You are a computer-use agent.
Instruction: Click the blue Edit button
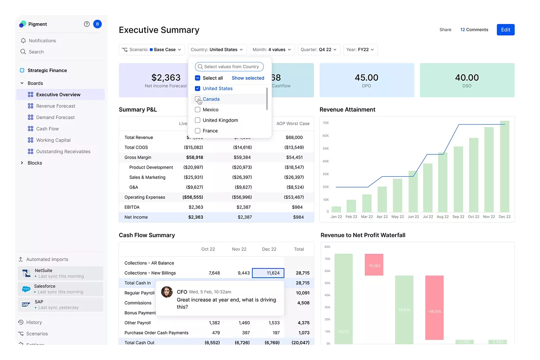tap(505, 30)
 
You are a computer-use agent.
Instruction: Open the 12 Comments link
tap(474, 30)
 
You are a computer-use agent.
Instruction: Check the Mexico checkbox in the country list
tap(198, 110)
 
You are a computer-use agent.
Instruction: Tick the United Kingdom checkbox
tap(198, 120)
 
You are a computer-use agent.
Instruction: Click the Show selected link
tap(248, 78)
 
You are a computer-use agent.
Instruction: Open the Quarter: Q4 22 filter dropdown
tap(319, 50)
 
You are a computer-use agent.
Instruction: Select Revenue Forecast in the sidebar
tap(56, 106)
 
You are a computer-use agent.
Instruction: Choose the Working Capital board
tap(53, 140)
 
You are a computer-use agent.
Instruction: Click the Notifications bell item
tap(42, 41)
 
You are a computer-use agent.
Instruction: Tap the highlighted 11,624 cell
tap(268, 273)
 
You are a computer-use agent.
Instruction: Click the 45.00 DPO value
tap(366, 78)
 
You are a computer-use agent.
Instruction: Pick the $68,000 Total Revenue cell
tap(294, 138)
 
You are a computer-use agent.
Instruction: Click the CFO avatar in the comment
tap(167, 292)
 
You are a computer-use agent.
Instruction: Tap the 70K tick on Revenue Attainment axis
tap(326, 123)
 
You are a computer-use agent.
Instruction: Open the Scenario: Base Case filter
tap(152, 50)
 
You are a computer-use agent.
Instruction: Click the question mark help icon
tap(87, 24)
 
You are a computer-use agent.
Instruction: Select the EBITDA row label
tap(132, 207)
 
